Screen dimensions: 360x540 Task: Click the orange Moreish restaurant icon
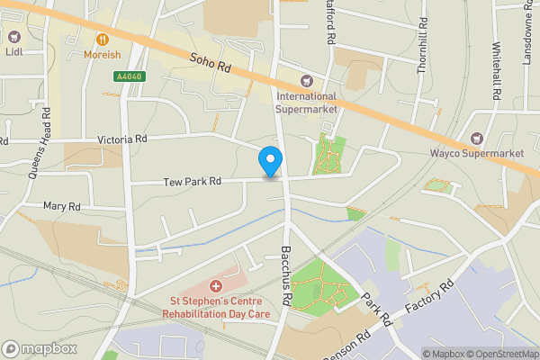pyautogui.click(x=103, y=39)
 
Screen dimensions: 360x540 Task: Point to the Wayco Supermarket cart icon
pyautogui.click(x=477, y=139)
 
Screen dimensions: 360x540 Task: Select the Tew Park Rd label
pyautogui.click(x=192, y=182)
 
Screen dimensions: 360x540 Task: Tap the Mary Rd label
pyautogui.click(x=62, y=207)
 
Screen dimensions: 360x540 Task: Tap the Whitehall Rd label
pyautogui.click(x=496, y=70)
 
